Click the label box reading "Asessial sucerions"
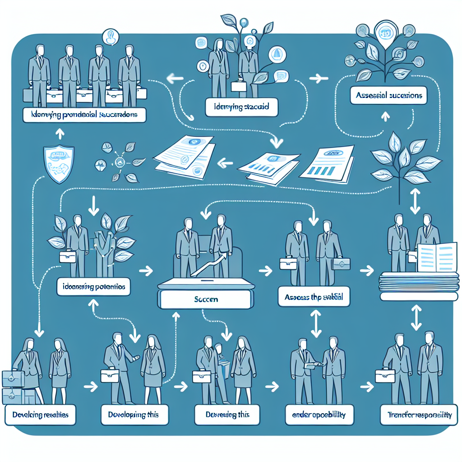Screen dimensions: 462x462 point(388,96)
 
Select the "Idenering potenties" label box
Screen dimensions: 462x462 point(94,286)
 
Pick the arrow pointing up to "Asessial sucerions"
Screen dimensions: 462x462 point(384,117)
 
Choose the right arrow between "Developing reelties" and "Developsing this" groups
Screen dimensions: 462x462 point(91,387)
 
